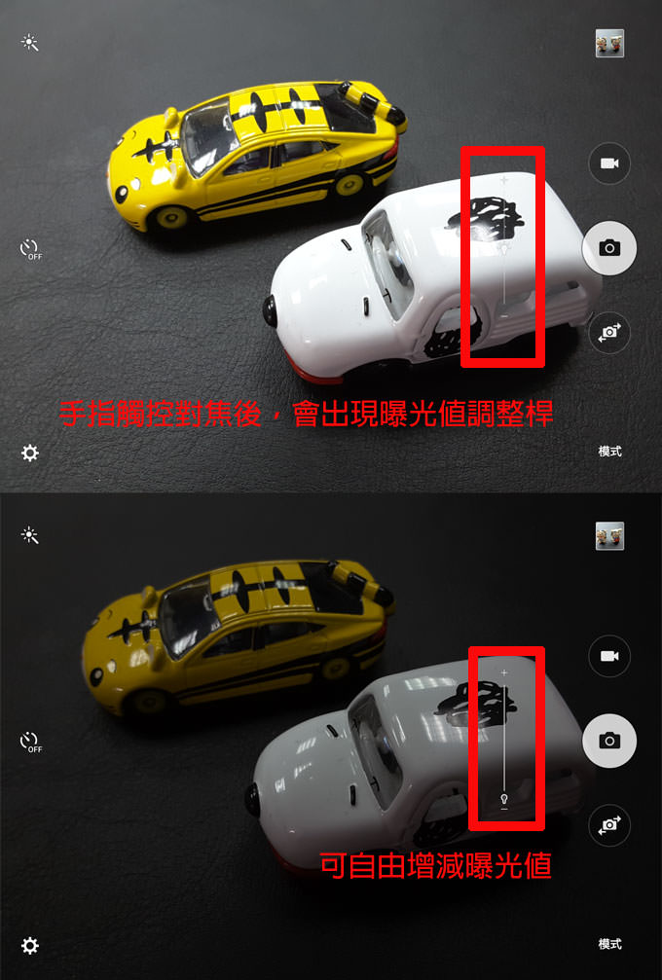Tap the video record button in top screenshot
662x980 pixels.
(609, 163)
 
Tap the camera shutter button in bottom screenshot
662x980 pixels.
(609, 741)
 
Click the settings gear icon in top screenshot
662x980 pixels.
(30, 453)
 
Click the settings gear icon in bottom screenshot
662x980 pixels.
(30, 945)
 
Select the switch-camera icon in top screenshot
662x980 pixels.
(609, 333)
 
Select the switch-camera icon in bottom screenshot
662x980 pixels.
(609, 825)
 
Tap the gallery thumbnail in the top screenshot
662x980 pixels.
(609, 43)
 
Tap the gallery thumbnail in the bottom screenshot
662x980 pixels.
(609, 535)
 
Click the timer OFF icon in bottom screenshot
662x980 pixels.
(31, 742)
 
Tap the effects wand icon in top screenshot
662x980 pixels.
(30, 43)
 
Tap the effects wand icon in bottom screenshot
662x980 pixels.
(30, 535)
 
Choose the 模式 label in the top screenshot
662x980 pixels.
(609, 452)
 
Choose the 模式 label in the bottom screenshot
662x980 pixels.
(609, 944)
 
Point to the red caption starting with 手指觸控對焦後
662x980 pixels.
(306, 414)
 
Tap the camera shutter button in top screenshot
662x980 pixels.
(609, 248)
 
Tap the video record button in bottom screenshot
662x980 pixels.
(609, 656)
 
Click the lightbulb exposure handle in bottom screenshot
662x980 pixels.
(504, 798)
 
